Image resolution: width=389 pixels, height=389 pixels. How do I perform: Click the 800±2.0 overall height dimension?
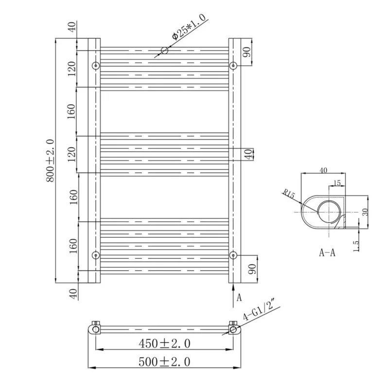51,160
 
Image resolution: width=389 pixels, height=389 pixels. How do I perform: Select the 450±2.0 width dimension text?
164,344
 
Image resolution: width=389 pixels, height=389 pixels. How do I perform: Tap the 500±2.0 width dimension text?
164,362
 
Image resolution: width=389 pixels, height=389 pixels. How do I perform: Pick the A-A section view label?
327,252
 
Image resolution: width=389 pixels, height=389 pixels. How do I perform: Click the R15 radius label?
289,194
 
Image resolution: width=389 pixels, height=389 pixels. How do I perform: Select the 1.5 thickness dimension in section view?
356,246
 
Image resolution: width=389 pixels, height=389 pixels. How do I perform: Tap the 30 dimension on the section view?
365,212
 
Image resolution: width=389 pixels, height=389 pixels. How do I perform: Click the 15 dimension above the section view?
337,183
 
